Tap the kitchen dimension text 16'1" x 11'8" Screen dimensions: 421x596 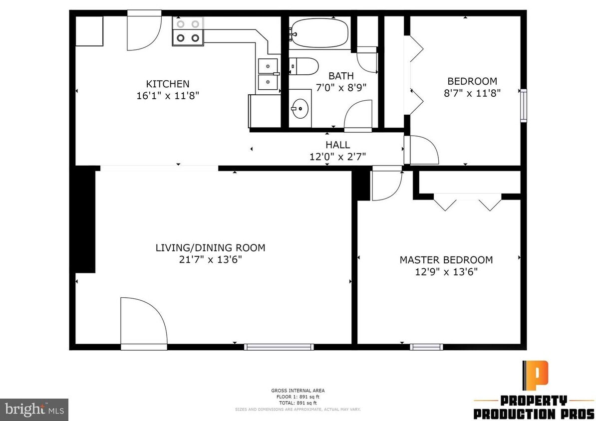(x=167, y=96)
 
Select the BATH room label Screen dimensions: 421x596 (x=341, y=76)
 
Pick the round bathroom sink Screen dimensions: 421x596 (x=300, y=108)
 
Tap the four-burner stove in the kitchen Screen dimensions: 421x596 (x=188, y=31)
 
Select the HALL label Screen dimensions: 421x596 (x=338, y=145)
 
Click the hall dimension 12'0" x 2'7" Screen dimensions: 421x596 (x=338, y=156)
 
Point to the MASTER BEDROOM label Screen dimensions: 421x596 (x=446, y=260)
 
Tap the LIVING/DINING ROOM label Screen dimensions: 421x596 (x=210, y=247)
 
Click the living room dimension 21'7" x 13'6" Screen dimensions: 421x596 (x=210, y=259)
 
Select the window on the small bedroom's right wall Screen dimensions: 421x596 (x=523, y=105)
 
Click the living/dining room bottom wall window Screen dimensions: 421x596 (x=279, y=347)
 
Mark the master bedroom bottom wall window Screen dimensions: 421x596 (x=426, y=347)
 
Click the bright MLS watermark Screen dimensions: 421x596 (x=34, y=410)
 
